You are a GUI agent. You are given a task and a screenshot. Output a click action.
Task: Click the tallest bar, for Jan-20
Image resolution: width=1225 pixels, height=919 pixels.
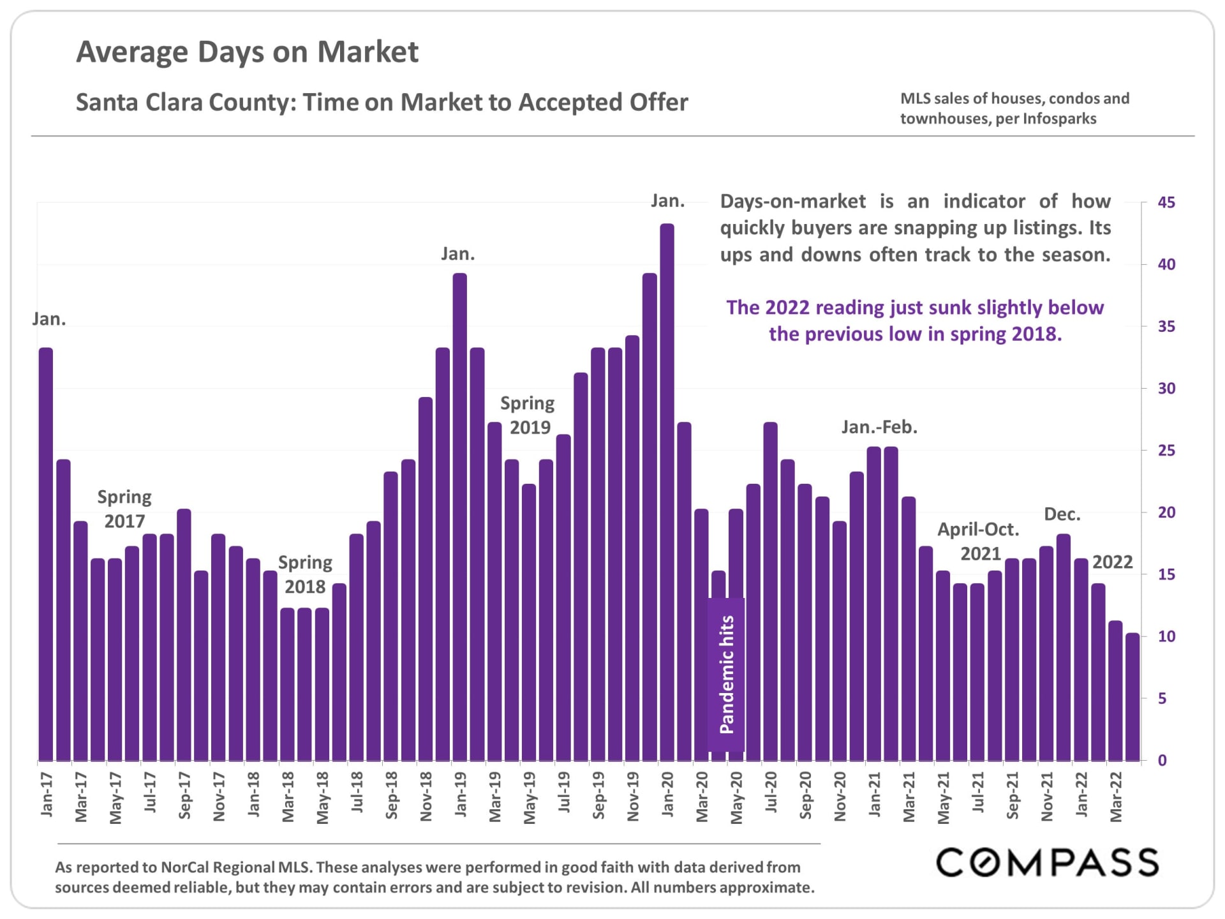pyautogui.click(x=667, y=492)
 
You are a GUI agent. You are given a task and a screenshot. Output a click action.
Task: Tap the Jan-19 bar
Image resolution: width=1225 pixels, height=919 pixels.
pyautogui.click(x=460, y=517)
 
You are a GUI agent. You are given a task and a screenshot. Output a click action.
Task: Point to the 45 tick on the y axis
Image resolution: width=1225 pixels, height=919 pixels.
pyautogui.click(x=1166, y=202)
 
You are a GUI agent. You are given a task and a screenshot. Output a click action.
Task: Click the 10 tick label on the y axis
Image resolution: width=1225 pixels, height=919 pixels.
pyautogui.click(x=1166, y=636)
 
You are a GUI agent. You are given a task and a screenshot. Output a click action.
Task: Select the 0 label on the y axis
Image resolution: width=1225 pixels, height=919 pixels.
pyautogui.click(x=1162, y=760)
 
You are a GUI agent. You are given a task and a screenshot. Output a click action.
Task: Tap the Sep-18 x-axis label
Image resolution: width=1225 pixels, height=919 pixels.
pyautogui.click(x=392, y=795)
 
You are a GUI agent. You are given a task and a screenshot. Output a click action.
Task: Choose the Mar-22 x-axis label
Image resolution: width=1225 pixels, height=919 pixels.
pyautogui.click(x=1116, y=796)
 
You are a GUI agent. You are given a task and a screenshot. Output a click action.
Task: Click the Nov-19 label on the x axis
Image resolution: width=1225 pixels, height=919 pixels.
pyautogui.click(x=633, y=796)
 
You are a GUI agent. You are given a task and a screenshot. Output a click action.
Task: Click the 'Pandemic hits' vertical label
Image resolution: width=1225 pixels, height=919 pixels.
pyautogui.click(x=727, y=675)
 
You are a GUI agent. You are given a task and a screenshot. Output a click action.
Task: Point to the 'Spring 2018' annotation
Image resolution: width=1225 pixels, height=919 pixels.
pyautogui.click(x=305, y=574)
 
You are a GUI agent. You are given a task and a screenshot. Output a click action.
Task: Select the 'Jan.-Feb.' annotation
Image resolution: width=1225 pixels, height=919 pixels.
pyautogui.click(x=879, y=427)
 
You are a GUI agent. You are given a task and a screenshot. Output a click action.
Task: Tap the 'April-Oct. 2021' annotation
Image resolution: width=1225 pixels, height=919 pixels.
pyautogui.click(x=979, y=541)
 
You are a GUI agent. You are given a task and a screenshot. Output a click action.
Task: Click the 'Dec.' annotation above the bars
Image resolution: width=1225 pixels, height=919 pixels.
pyautogui.click(x=1062, y=514)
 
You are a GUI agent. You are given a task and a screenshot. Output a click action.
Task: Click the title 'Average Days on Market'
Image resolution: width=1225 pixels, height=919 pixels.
pyautogui.click(x=248, y=52)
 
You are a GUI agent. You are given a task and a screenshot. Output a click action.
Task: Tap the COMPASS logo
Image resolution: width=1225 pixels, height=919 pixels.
pyautogui.click(x=1047, y=862)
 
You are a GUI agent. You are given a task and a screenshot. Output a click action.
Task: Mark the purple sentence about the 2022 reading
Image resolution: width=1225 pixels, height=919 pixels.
pyautogui.click(x=915, y=320)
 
